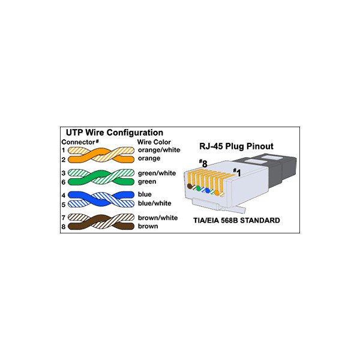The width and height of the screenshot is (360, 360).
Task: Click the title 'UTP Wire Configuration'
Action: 113,133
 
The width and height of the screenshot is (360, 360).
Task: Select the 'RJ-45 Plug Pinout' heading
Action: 236,146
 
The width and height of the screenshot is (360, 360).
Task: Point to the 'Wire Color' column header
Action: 154,142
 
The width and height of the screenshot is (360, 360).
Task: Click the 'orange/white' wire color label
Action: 157,150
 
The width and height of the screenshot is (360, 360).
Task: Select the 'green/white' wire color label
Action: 157,173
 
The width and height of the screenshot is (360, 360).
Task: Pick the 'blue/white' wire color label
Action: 154,203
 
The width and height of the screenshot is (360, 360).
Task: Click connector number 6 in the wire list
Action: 63,181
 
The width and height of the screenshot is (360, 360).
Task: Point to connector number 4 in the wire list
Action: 63,195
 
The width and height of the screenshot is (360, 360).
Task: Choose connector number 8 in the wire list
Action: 63,227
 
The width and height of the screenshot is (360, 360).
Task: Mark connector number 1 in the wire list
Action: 63,150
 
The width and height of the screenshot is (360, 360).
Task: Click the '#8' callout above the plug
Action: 203,163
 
